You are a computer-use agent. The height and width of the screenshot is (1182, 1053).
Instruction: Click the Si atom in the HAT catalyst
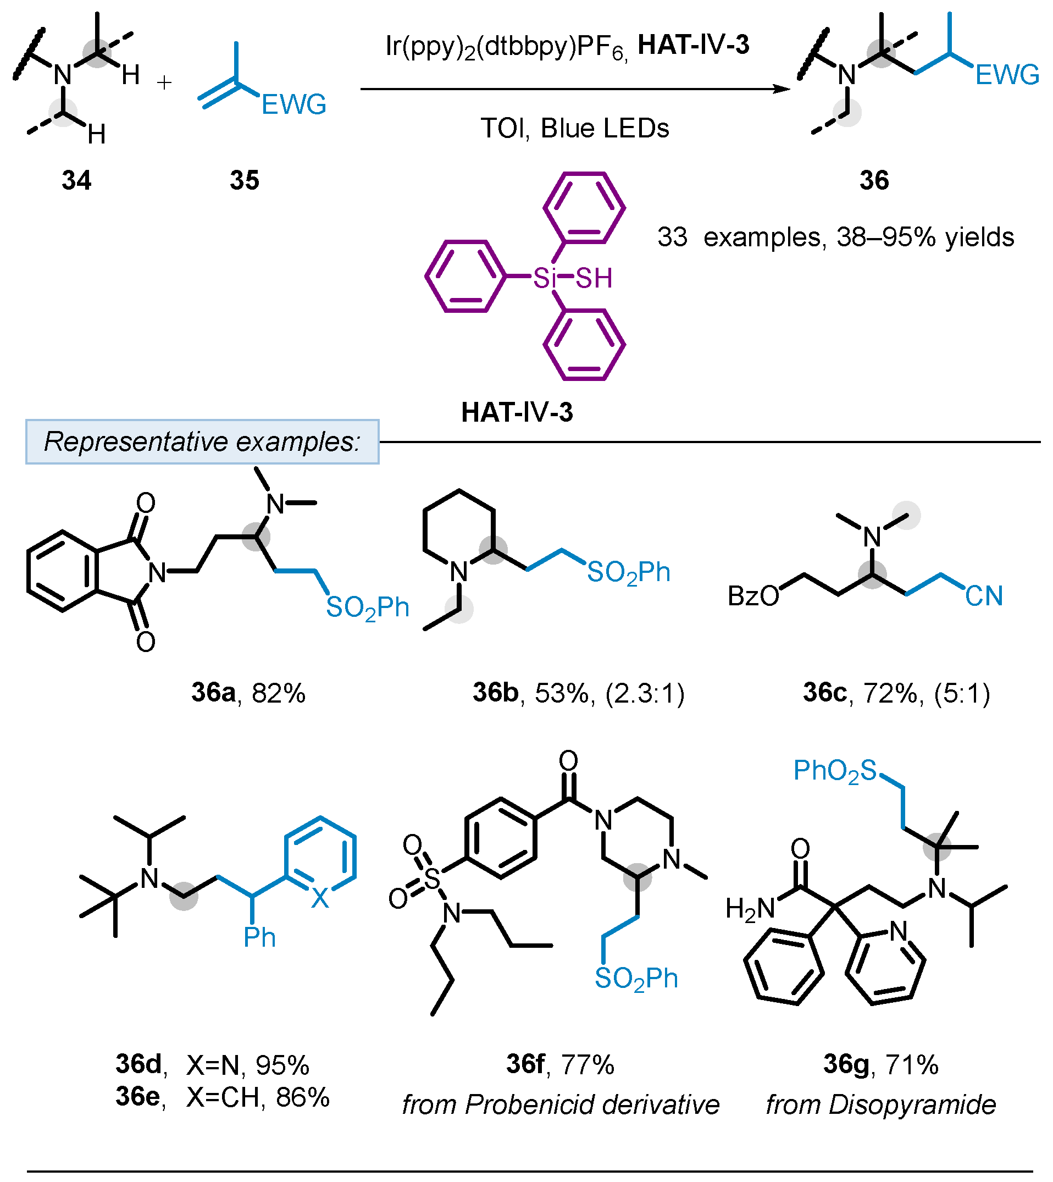point(545,278)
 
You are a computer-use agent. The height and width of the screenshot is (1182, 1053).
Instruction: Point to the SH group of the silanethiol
point(594,278)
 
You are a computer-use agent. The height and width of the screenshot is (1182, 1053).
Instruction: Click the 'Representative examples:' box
point(202,441)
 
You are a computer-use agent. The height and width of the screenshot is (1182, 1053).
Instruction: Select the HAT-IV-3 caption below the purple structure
point(517,412)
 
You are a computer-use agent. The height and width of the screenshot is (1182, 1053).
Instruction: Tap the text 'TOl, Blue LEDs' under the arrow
point(574,128)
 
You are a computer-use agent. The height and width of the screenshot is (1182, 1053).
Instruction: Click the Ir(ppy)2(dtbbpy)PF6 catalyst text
point(507,46)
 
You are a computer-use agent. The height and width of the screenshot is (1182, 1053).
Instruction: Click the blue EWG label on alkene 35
point(294,105)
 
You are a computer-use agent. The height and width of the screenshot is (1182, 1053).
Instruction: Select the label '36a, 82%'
point(248,693)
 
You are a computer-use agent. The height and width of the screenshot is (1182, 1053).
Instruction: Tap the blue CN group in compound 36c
point(984,596)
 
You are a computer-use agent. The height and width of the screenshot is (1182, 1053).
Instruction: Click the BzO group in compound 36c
point(753,596)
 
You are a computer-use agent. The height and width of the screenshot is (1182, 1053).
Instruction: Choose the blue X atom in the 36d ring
point(319,898)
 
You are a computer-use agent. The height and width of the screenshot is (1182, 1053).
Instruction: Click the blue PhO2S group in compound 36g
point(835,771)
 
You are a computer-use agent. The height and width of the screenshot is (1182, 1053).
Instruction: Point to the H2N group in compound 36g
point(750,909)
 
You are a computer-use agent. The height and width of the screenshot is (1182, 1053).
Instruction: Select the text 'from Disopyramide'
point(880,1105)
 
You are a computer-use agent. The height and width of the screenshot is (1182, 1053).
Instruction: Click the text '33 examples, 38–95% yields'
point(835,237)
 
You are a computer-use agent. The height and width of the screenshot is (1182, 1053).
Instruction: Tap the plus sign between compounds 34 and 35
point(164,83)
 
